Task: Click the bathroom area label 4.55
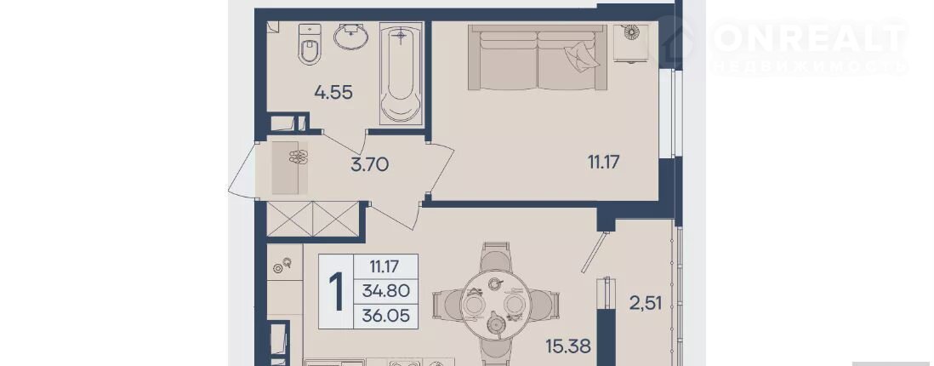(333, 93)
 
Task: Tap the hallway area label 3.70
(369, 164)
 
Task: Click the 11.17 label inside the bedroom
(600, 161)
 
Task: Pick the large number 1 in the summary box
(337, 291)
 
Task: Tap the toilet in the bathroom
(310, 43)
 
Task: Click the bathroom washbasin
(350, 37)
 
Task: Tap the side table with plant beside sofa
(629, 42)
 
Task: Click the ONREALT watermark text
(810, 38)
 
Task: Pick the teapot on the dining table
(496, 324)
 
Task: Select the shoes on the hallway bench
(298, 157)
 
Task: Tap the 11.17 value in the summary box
(384, 266)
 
